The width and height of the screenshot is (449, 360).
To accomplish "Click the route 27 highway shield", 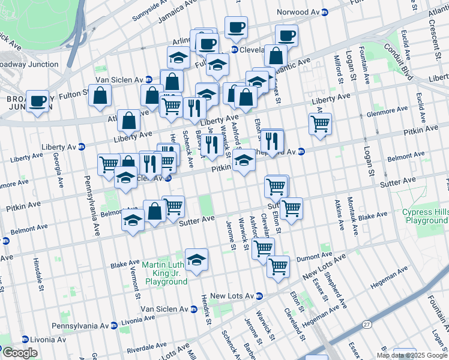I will point(366,324).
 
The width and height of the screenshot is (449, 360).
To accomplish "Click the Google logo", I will point(20,353).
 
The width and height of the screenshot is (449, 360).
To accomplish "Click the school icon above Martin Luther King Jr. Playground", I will point(196,259).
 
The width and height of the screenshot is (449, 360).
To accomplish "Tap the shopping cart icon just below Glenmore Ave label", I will point(320,124).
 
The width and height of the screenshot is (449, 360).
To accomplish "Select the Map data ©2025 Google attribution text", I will point(411,355).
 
